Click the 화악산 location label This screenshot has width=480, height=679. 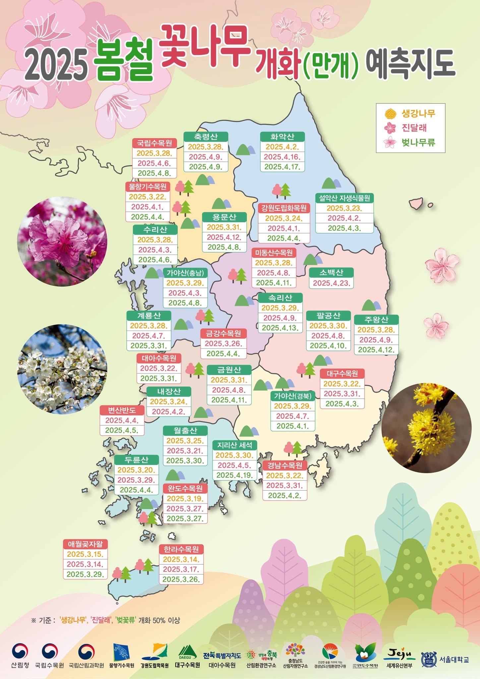(x=282, y=137)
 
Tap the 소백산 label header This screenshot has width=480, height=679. (x=331, y=273)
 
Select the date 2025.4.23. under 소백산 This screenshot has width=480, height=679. (x=331, y=283)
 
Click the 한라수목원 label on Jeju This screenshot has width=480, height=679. (x=181, y=549)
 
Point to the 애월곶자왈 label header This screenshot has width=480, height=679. (x=85, y=544)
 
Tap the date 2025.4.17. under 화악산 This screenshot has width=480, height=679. (x=282, y=167)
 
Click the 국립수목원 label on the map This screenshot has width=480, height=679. (x=154, y=143)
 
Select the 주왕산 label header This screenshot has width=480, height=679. (x=376, y=320)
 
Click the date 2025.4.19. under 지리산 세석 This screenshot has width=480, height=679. (x=235, y=475)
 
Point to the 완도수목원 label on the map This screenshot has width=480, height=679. (x=185, y=488)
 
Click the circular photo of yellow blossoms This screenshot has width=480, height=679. (x=426, y=428)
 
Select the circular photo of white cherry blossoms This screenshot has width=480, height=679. (x=62, y=369)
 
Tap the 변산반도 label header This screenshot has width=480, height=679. (x=122, y=410)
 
